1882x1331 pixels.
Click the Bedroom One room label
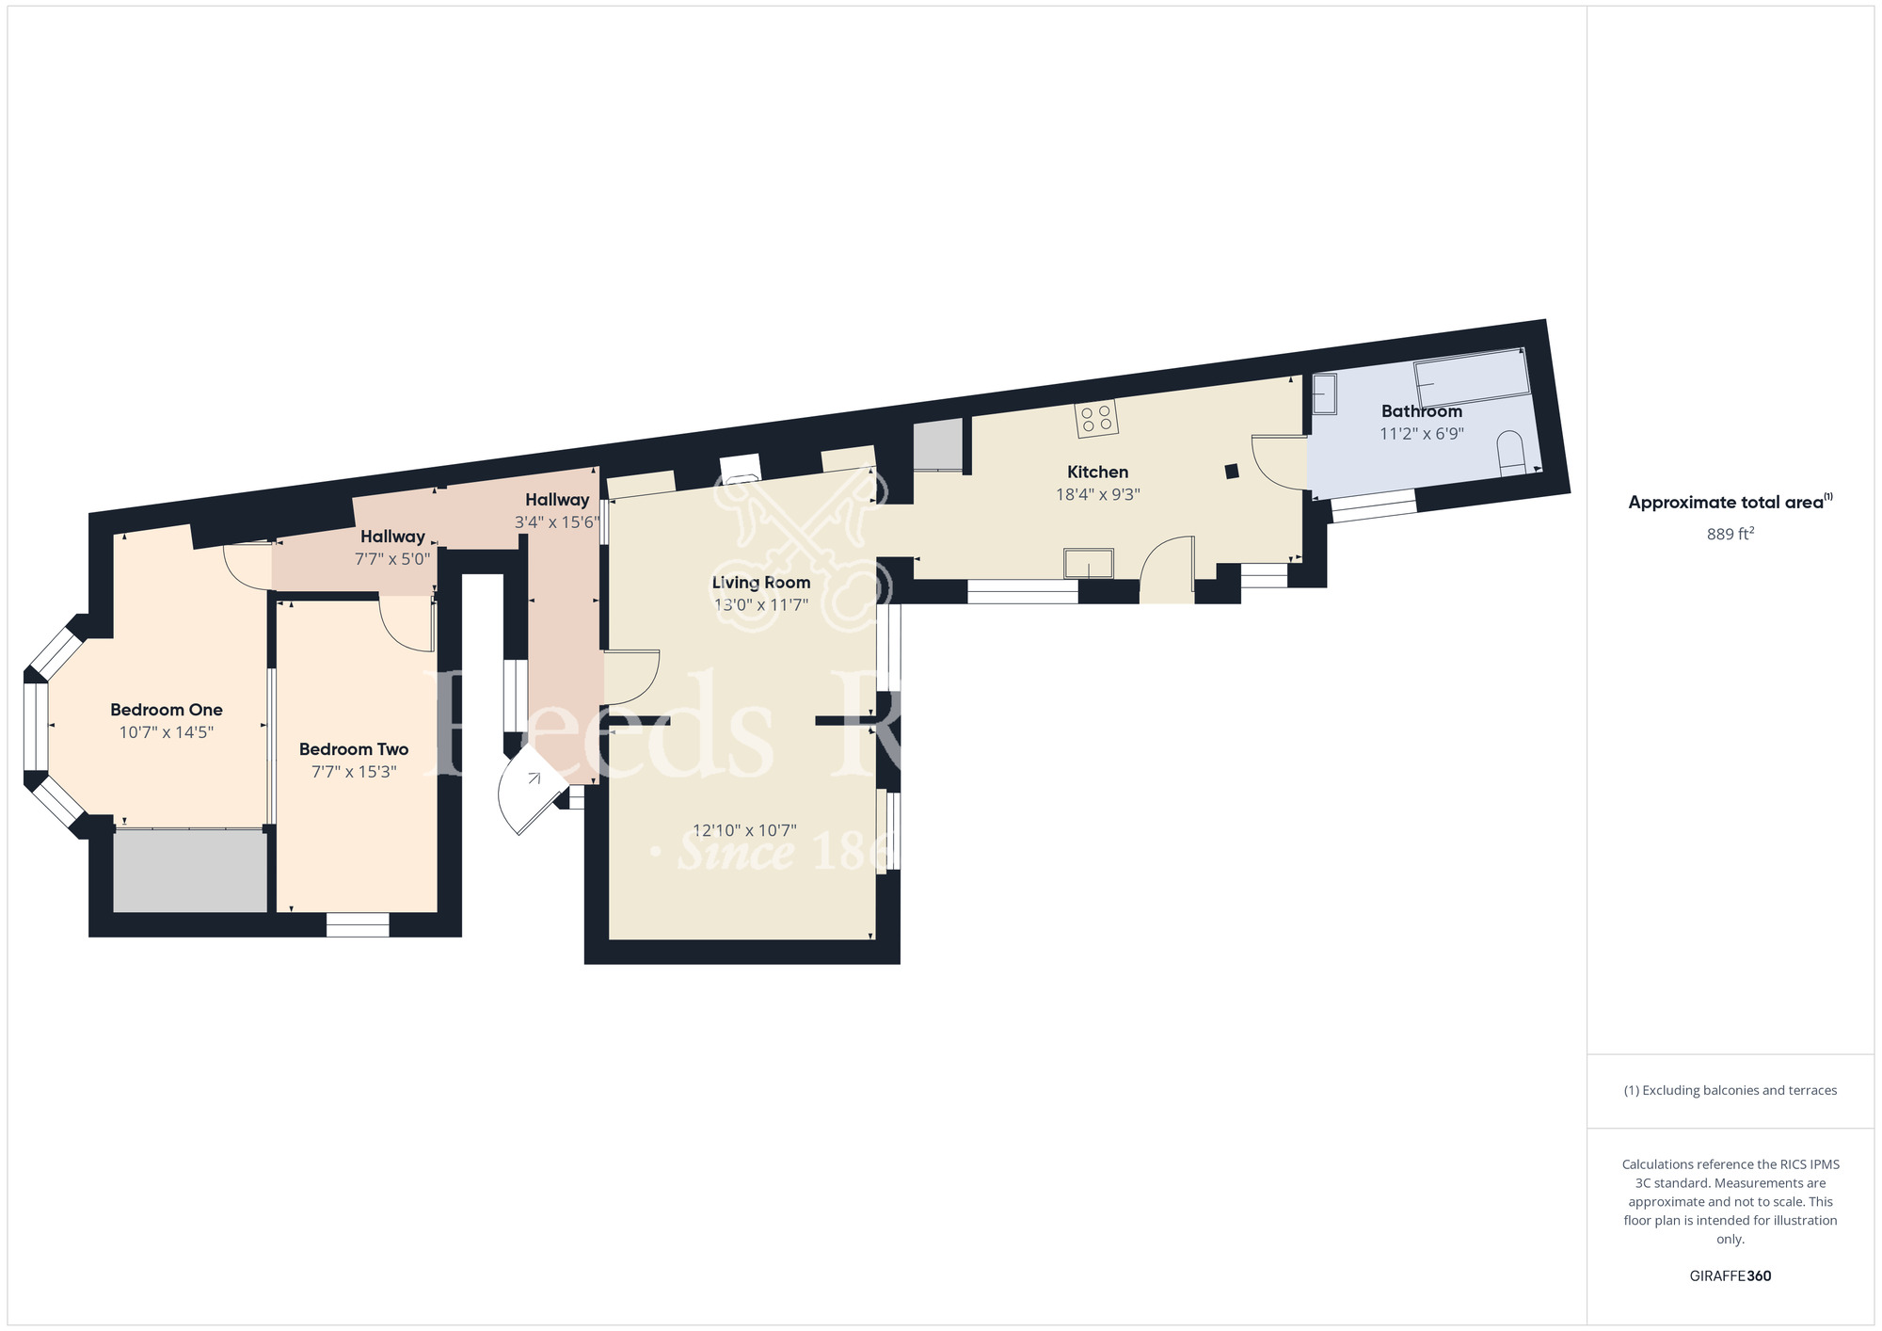pyautogui.click(x=167, y=710)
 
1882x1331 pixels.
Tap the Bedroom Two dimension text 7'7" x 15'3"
pyautogui.click(x=354, y=772)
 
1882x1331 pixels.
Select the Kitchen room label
pyautogui.click(x=1097, y=472)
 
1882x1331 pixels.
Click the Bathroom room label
pyautogui.click(x=1421, y=411)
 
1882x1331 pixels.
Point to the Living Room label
pyautogui.click(x=760, y=583)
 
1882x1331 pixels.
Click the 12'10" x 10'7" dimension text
pyautogui.click(x=744, y=830)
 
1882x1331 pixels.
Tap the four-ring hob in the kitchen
pyautogui.click(x=1096, y=418)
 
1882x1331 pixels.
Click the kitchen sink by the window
pyautogui.click(x=1088, y=563)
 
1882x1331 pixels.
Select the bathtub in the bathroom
pyautogui.click(x=1472, y=377)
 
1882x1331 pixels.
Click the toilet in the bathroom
pyautogui.click(x=1510, y=455)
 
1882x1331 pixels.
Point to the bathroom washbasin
pyautogui.click(x=1324, y=394)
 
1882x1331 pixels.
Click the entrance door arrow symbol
pyautogui.click(x=534, y=778)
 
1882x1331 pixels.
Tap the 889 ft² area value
pyautogui.click(x=1730, y=534)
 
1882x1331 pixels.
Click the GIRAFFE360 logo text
pyautogui.click(x=1730, y=1276)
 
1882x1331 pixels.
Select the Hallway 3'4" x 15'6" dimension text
pyautogui.click(x=556, y=522)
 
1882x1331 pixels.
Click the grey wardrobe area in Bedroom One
pyautogui.click(x=190, y=871)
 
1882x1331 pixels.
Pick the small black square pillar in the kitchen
pyautogui.click(x=1232, y=471)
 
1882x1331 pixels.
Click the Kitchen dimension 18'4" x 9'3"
pyautogui.click(x=1097, y=494)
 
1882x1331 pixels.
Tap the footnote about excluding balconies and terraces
pyautogui.click(x=1730, y=1090)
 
